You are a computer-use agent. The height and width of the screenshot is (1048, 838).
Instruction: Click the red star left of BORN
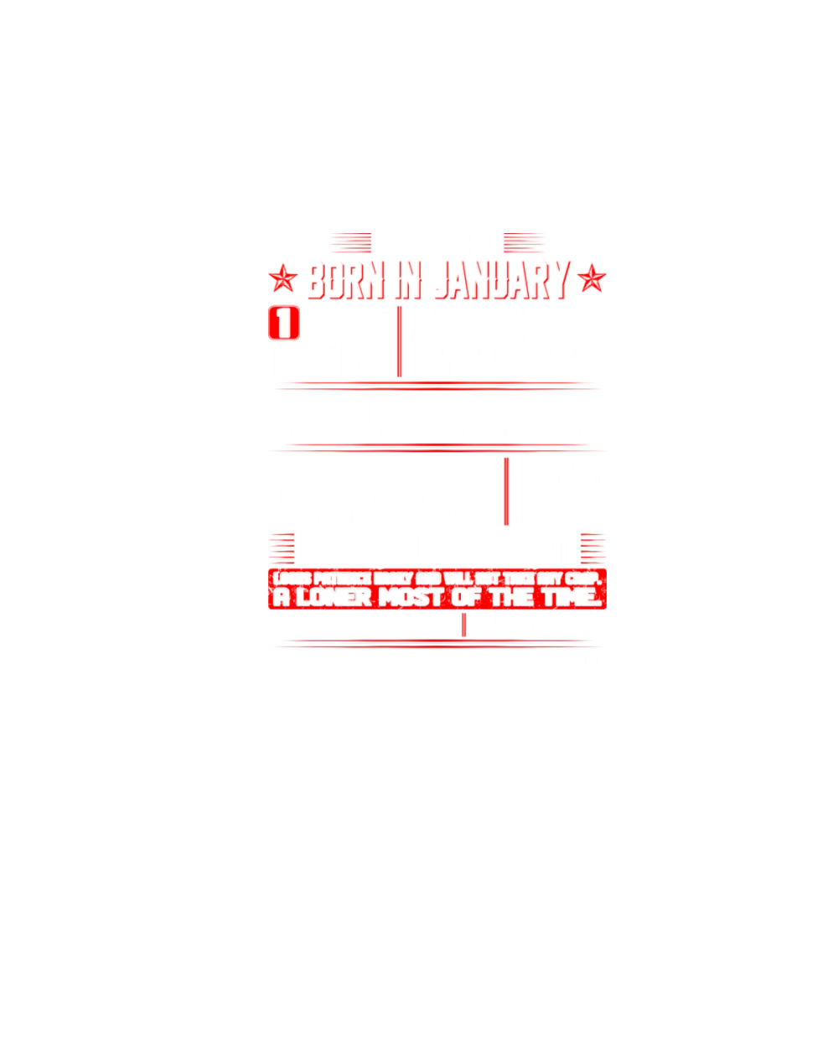click(x=283, y=278)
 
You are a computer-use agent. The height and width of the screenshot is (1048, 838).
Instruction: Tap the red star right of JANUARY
click(x=592, y=278)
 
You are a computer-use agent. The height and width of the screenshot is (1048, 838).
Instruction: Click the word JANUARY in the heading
click(x=502, y=280)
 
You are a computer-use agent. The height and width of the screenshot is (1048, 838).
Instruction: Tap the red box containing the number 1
click(x=284, y=324)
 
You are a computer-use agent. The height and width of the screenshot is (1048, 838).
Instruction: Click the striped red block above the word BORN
click(x=350, y=243)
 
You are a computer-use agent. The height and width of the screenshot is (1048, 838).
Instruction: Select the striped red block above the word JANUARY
click(x=524, y=243)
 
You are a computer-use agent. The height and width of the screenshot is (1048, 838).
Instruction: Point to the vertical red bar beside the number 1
click(x=399, y=341)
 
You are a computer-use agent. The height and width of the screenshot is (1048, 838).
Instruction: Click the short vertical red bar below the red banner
click(x=463, y=625)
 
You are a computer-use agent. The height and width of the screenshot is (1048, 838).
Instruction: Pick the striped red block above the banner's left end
click(x=282, y=548)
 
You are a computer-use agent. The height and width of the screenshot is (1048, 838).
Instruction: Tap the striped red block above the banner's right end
click(x=592, y=548)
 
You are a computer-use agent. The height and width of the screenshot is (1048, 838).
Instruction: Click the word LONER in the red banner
click(x=333, y=598)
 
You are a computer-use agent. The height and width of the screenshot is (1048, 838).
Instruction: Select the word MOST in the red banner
click(x=411, y=598)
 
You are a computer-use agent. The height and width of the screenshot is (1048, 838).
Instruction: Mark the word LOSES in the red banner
click(x=291, y=578)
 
